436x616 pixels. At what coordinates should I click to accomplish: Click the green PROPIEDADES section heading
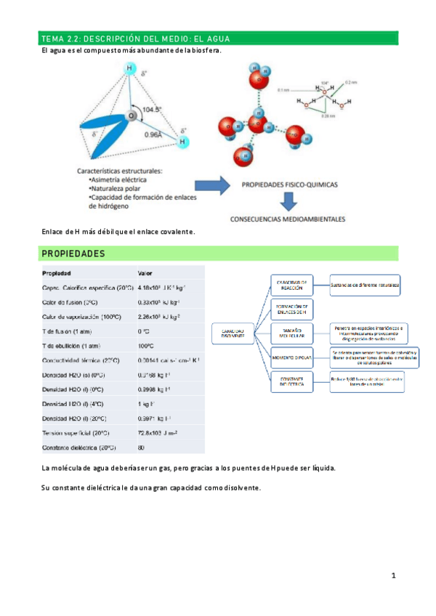click(73, 254)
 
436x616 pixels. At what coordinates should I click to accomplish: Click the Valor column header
click(145, 273)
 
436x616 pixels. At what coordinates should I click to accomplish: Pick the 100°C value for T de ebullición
click(146, 346)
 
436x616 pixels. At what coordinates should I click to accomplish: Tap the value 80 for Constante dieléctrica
click(141, 447)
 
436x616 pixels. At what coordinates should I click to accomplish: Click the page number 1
click(393, 576)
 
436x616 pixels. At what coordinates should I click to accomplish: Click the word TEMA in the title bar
click(53, 38)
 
